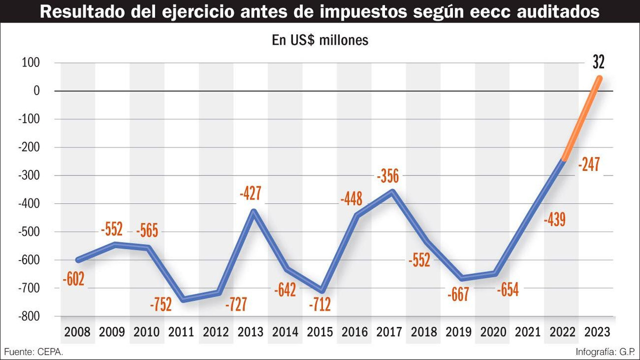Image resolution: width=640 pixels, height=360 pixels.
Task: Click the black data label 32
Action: pos(598,62)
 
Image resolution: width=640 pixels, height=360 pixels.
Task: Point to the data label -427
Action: pos(250,193)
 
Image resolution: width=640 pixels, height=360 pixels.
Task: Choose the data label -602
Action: pos(73,279)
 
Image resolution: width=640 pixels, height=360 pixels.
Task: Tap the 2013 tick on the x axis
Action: pos(250,331)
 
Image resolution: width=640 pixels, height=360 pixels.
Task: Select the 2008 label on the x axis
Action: pos(77,331)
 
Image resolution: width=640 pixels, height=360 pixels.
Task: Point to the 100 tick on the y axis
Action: pos(30,63)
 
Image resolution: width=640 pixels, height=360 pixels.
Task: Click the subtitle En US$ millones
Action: pos(320,40)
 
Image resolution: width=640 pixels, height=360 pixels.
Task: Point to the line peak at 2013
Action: pos(253,211)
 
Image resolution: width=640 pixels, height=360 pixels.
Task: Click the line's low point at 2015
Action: pos(322,291)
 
